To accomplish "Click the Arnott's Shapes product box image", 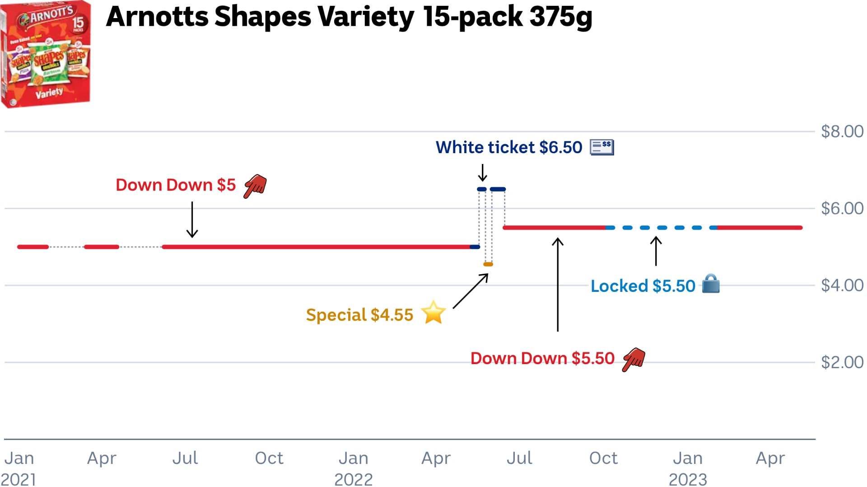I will pyautogui.click(x=45, y=54).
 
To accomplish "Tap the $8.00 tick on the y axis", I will pyautogui.click(x=842, y=131).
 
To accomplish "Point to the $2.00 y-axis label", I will pyautogui.click(x=842, y=362).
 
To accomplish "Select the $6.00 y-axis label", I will pyautogui.click(x=842, y=208).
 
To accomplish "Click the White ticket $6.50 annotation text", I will pyautogui.click(x=509, y=147).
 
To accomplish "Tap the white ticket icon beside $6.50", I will pyautogui.click(x=602, y=147).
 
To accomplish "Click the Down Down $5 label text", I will pyautogui.click(x=176, y=185).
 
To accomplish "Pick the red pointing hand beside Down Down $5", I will pyautogui.click(x=256, y=186).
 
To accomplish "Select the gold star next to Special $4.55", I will pyautogui.click(x=433, y=313).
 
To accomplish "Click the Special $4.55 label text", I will pyautogui.click(x=359, y=315).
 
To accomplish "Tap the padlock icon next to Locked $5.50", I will pyautogui.click(x=711, y=284).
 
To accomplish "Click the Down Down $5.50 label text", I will pyautogui.click(x=542, y=358).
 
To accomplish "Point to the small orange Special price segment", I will pyautogui.click(x=488, y=264).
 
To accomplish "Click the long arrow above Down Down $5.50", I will pyautogui.click(x=558, y=285).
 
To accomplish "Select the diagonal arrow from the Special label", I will pyautogui.click(x=471, y=291).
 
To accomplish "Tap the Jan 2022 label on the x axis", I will pyautogui.click(x=354, y=468).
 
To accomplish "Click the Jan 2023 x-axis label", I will pyautogui.click(x=688, y=468).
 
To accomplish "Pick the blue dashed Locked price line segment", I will pyautogui.click(x=662, y=228).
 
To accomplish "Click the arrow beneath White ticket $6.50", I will pyautogui.click(x=482, y=173).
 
